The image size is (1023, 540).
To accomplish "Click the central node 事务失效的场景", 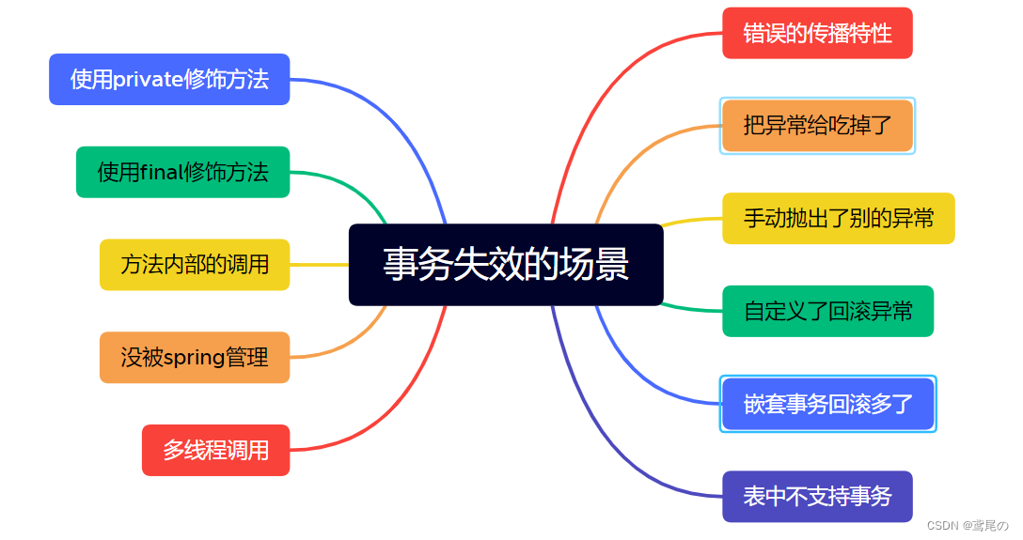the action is click(x=506, y=265).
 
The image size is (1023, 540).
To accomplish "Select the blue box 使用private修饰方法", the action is click(x=169, y=80).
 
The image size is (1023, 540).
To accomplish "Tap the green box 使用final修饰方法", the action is click(x=182, y=172).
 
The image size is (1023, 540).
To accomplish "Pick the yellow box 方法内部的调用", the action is click(x=195, y=265).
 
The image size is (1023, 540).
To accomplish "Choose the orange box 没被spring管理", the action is click(x=195, y=358).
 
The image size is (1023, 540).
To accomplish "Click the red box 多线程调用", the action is click(x=216, y=450).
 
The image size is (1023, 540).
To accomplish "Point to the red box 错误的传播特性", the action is click(x=817, y=33).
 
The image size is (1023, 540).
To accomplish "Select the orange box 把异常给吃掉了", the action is click(x=817, y=126).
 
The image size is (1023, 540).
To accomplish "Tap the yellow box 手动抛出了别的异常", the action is click(x=839, y=218).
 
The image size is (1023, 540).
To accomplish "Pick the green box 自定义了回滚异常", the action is click(x=828, y=312).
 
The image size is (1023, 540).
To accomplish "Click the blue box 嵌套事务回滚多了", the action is click(x=828, y=404).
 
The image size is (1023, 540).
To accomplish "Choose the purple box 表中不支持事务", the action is click(x=817, y=497).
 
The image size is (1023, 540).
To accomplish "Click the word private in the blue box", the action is click(x=149, y=80).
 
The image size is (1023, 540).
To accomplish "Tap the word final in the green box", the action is click(x=161, y=172).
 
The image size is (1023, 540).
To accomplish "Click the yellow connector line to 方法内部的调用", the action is click(x=319, y=265).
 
